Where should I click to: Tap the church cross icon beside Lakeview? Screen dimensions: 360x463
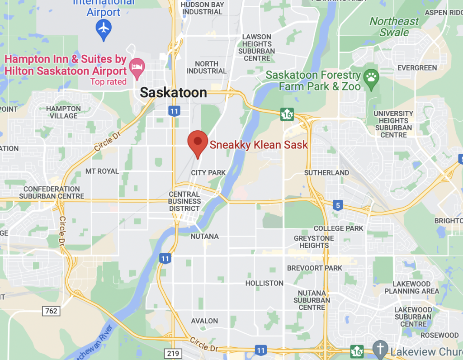click(380, 349)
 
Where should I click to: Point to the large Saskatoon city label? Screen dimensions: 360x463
click(173, 93)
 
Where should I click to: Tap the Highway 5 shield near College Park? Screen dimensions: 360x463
click(337, 206)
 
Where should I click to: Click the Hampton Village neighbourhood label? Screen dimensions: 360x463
click(64, 112)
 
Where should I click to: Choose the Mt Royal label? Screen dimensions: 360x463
click(102, 171)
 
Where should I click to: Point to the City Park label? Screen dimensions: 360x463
click(208, 173)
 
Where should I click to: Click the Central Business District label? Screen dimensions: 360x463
click(184, 201)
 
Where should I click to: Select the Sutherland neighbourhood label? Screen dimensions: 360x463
click(326, 173)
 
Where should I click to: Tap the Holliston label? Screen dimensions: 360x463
click(264, 283)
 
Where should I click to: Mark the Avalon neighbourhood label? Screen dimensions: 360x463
click(204, 321)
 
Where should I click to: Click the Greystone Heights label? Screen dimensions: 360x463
click(314, 242)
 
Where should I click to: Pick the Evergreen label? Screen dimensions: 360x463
click(417, 68)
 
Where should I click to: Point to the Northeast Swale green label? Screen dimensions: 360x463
click(394, 27)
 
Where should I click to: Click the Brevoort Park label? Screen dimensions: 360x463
click(315, 268)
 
